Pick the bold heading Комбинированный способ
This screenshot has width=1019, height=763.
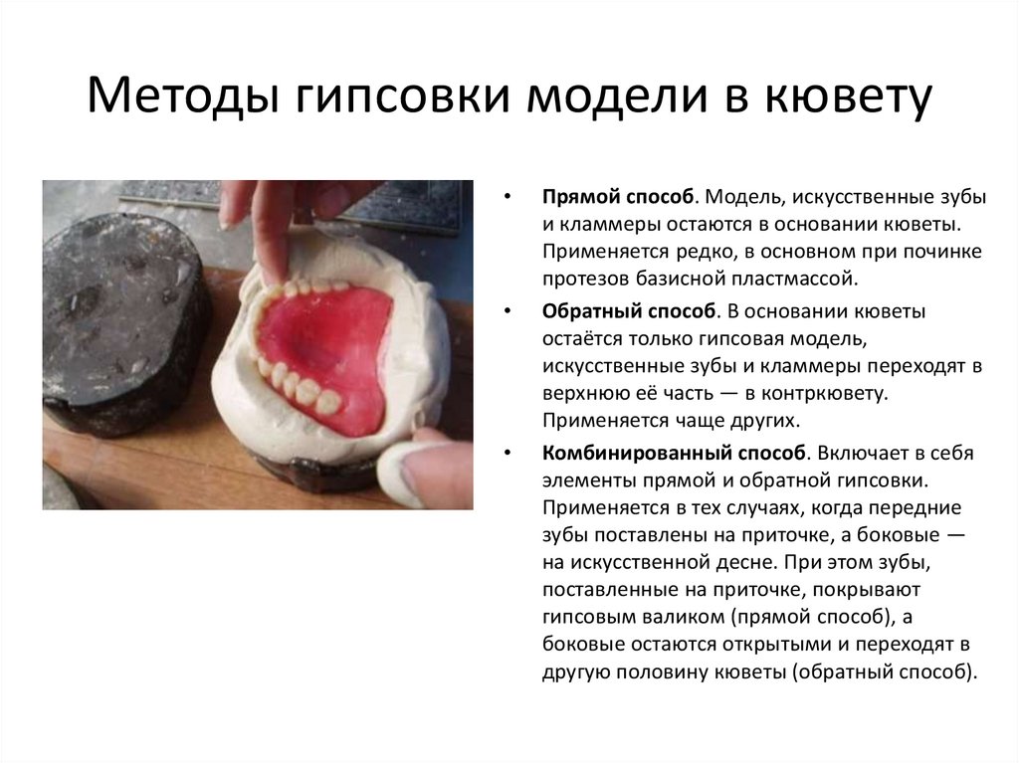674,454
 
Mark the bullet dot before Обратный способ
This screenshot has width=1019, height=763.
509,311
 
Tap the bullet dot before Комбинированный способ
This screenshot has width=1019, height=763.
509,454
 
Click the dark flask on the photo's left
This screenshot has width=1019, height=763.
119,318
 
